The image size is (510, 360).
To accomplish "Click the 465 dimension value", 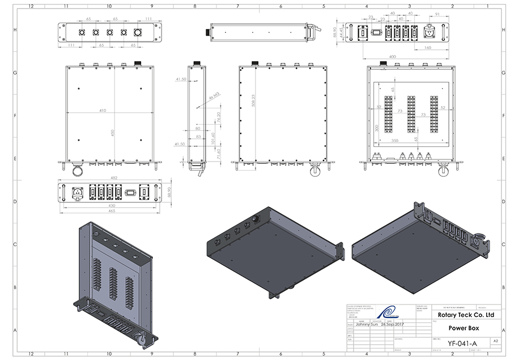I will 112,211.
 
